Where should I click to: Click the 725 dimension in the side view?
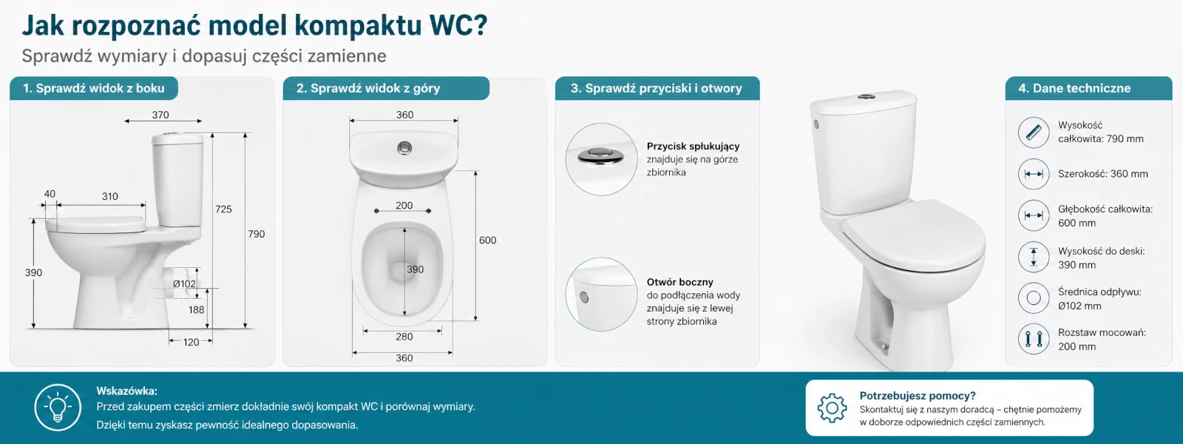point(223,209)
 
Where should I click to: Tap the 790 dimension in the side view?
point(257,234)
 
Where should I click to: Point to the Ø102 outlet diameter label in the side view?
point(184,284)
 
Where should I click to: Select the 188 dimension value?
point(197,310)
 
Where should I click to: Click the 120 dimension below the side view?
point(191,342)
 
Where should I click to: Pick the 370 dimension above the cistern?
point(160,115)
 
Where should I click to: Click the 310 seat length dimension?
point(110,197)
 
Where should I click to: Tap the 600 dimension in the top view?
point(487,240)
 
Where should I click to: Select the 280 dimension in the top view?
point(404,337)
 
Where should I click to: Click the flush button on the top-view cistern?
point(405,147)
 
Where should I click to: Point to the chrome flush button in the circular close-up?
point(600,155)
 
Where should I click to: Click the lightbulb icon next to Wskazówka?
point(58,408)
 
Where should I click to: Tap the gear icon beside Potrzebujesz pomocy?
point(832,408)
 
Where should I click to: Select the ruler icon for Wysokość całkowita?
point(1034,132)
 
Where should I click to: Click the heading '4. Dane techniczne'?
point(1074,88)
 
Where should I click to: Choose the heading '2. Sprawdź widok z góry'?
point(367,88)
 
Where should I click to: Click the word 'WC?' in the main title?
point(458,25)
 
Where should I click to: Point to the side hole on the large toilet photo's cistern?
point(816,124)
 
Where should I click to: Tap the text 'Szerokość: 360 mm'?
point(1102,174)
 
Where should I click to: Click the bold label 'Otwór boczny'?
point(679,282)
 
